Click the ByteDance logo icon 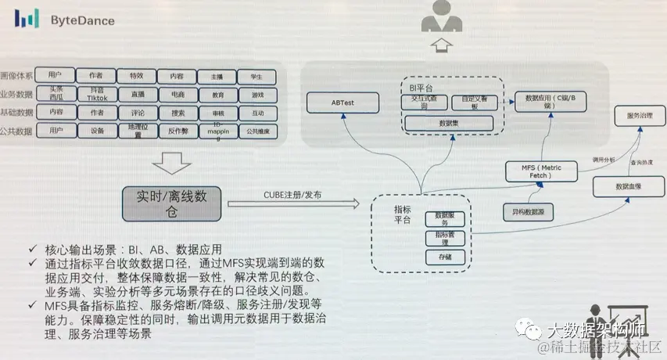pyautogui.click(x=28, y=20)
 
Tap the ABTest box pyautogui.click(x=342, y=101)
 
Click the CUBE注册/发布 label pyautogui.click(x=285, y=194)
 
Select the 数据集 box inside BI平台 pyautogui.click(x=448, y=124)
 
